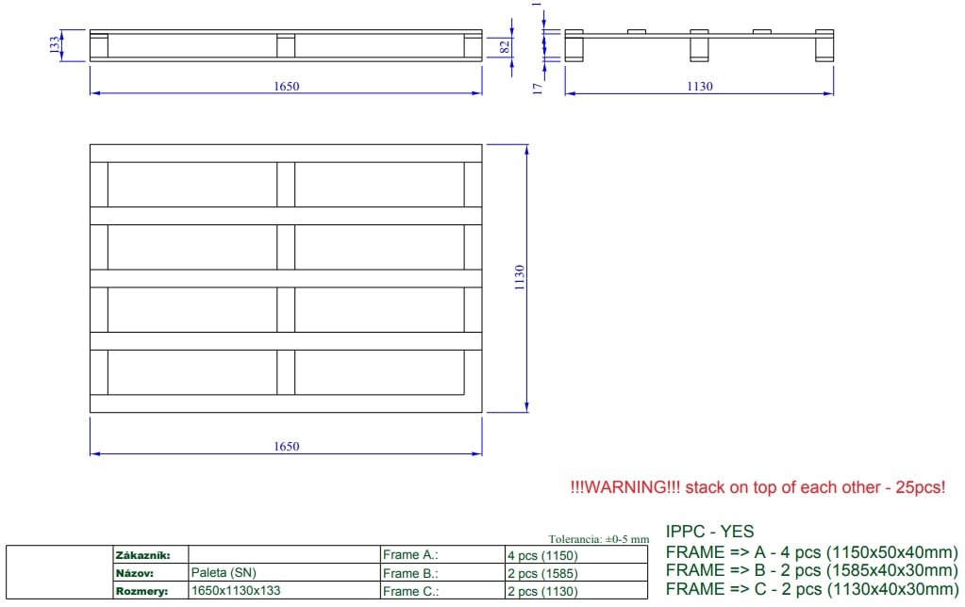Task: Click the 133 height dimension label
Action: click(x=55, y=43)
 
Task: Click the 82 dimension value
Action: click(x=505, y=44)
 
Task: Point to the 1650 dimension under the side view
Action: click(x=286, y=87)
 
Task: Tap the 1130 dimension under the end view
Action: click(x=699, y=87)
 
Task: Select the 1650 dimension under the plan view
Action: click(x=286, y=447)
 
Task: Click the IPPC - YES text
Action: click(x=709, y=532)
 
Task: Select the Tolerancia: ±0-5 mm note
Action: click(x=598, y=539)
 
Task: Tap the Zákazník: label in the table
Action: click(x=141, y=555)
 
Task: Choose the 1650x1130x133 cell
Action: click(x=236, y=591)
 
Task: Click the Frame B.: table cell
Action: click(x=410, y=573)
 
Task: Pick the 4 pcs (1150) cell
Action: click(x=542, y=555)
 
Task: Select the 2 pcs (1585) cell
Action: click(x=542, y=573)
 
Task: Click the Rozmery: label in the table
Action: click(x=141, y=591)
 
